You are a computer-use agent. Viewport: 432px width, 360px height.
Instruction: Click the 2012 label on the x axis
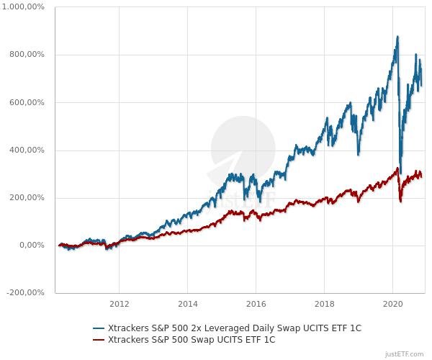119,304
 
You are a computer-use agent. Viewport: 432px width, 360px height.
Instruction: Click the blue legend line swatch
99,328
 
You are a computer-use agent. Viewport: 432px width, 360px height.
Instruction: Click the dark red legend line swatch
99,339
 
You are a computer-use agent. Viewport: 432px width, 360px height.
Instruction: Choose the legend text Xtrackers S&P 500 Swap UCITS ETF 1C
190,339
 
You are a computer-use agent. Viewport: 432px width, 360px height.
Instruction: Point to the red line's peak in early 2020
397,168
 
